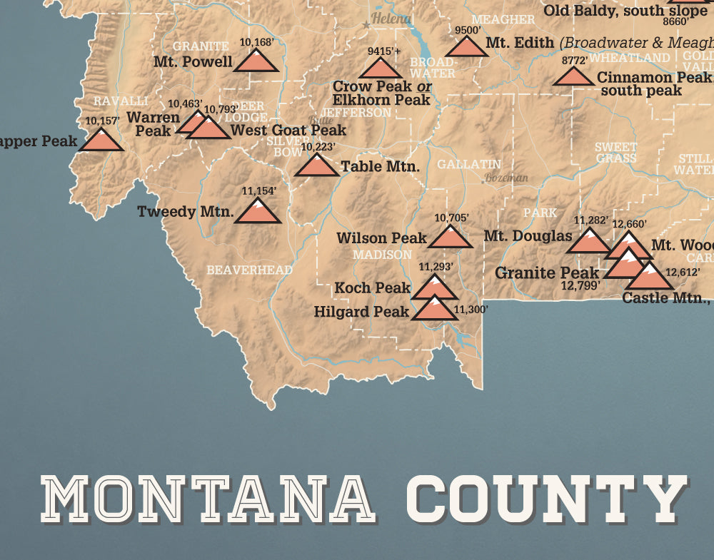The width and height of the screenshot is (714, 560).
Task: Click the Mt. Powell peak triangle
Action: (256, 61)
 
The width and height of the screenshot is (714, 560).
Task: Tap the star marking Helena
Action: (367, 25)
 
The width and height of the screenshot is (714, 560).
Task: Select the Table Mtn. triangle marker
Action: (317, 166)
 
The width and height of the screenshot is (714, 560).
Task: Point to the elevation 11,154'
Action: (258, 191)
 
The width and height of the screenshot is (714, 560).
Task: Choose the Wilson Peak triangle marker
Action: (451, 238)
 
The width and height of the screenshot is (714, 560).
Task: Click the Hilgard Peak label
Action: (361, 312)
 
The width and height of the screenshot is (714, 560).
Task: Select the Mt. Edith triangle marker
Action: (466, 48)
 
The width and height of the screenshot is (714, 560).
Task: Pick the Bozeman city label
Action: (506, 178)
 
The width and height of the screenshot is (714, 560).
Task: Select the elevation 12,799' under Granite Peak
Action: (580, 286)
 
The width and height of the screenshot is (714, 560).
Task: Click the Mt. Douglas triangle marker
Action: (588, 243)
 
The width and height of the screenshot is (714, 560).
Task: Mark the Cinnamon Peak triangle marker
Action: (573, 77)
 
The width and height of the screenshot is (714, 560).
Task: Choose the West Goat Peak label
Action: (288, 130)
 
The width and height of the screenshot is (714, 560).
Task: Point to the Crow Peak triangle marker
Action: (380, 69)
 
